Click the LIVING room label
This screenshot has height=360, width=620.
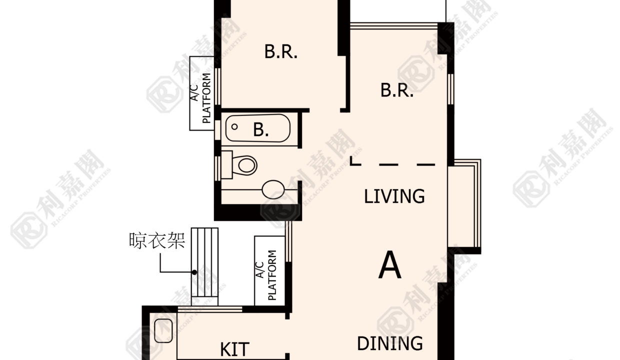point(394,196)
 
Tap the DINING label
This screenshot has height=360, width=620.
point(389,343)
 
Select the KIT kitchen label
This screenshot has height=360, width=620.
point(234,349)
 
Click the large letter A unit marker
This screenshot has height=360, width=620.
point(389,264)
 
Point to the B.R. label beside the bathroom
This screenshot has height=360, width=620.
point(281,51)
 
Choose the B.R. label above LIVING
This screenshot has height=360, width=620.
point(397,90)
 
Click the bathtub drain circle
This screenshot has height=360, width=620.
point(234,126)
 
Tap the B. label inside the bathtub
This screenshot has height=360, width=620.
point(260,129)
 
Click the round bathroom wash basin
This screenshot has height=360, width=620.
point(273,189)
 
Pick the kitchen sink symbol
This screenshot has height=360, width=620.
point(163,330)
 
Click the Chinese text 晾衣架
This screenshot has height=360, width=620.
point(157,240)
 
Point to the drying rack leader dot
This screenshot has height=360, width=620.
point(194,272)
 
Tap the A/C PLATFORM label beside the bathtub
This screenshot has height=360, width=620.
point(201,98)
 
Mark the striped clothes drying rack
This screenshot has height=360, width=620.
point(204,262)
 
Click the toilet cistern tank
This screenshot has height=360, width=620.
point(226,164)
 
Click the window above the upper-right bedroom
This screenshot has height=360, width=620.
point(393,25)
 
